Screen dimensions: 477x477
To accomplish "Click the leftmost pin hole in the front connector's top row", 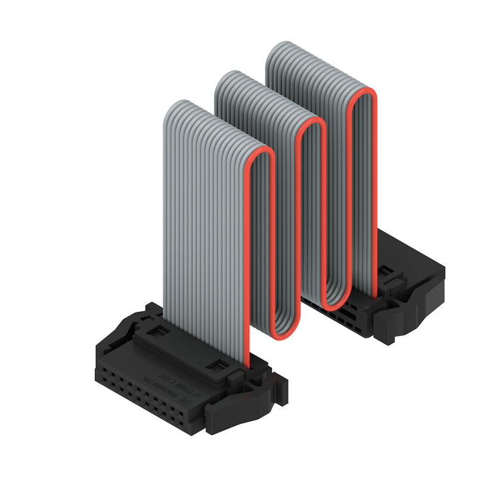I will [103, 370].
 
